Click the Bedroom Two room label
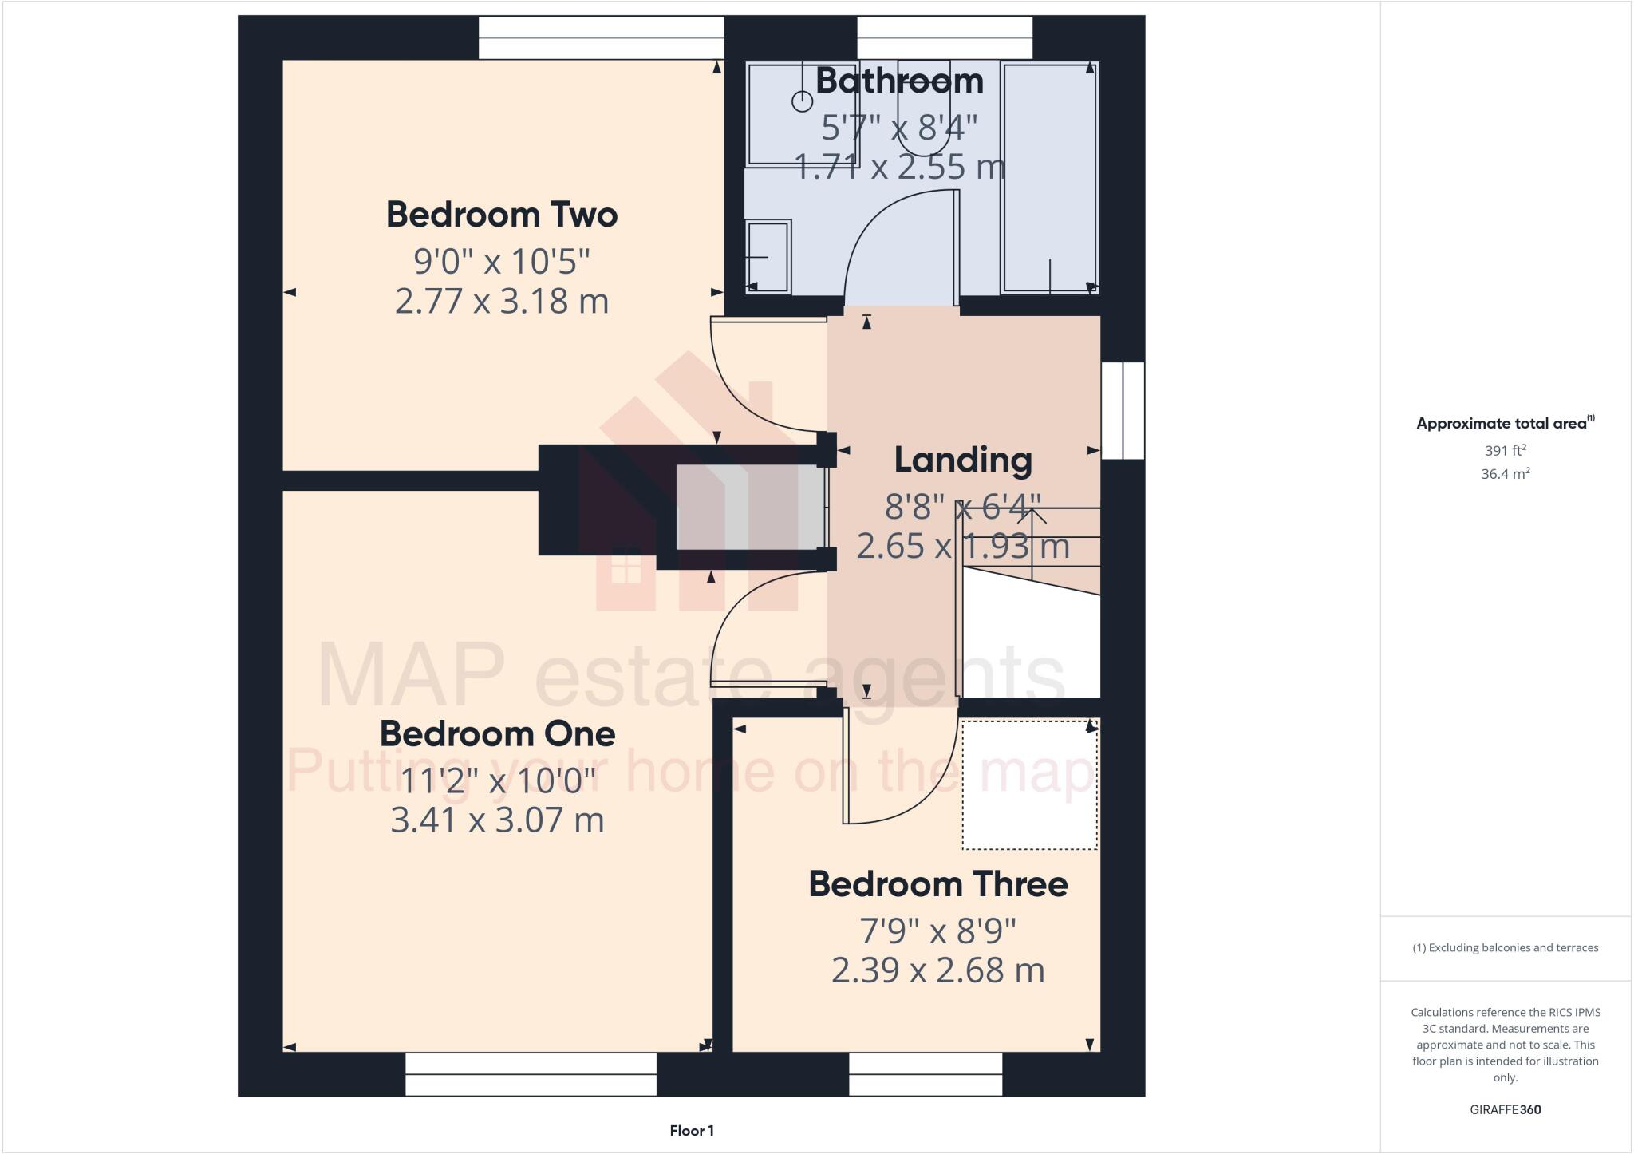[502, 215]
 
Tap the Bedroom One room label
[497, 734]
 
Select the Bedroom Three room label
[937, 884]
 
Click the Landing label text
[963, 460]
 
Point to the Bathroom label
[899, 81]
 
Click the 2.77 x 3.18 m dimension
[502, 302]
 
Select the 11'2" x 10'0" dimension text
[497, 780]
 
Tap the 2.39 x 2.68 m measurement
[937, 970]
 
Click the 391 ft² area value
[1505, 450]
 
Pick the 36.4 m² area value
[1505, 474]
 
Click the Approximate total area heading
[1503, 424]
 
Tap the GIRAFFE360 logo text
[1505, 1109]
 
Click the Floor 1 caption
[692, 1131]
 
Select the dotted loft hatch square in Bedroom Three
[1029, 784]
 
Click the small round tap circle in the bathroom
[802, 101]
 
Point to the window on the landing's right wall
[1123, 410]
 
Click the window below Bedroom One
[531, 1074]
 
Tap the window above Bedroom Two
[601, 38]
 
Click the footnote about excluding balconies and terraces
[1505, 948]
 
